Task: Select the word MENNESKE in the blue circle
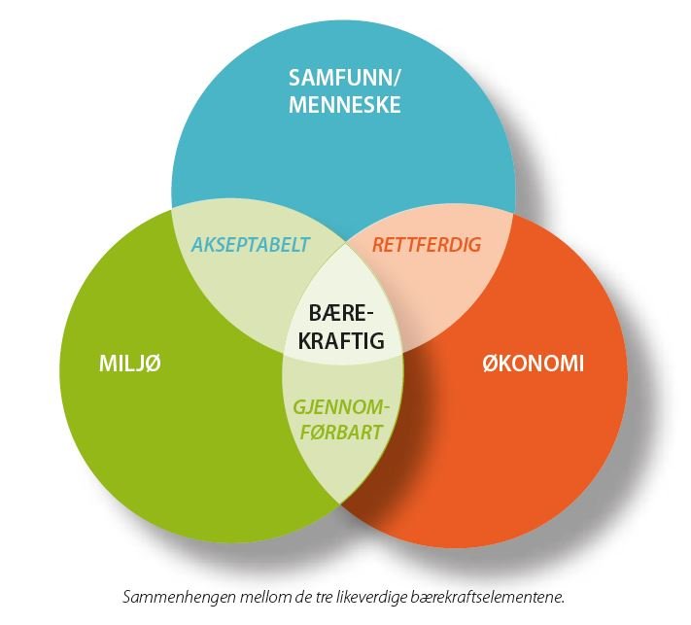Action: [345, 104]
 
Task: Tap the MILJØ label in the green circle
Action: [130, 364]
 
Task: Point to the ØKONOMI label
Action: [533, 364]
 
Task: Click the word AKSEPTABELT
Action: [251, 245]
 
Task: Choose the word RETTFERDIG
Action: [427, 245]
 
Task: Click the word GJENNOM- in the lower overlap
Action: [341, 407]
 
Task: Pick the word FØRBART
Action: [341, 433]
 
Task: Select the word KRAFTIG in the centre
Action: [341, 340]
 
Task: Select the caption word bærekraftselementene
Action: [488, 598]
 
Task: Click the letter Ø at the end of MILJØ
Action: [153, 364]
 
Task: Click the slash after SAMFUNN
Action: [397, 78]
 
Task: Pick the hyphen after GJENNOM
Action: [387, 408]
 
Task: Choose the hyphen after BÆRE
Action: [368, 315]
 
